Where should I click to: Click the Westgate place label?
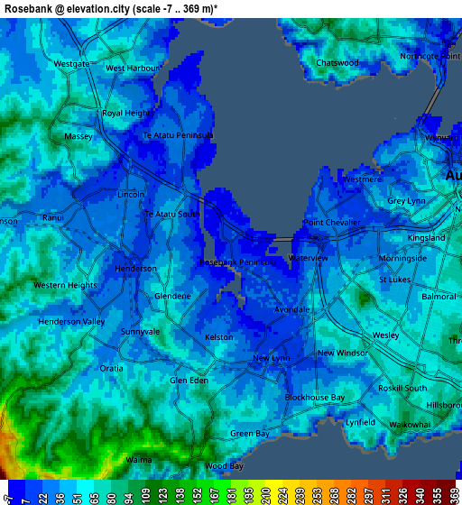click(72, 64)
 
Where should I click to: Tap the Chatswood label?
click(337, 63)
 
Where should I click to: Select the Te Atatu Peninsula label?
click(178, 135)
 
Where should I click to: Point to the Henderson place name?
click(136, 269)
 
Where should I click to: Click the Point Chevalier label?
click(331, 223)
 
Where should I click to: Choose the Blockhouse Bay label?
click(315, 398)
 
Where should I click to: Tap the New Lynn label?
click(271, 358)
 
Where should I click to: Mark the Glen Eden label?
click(189, 381)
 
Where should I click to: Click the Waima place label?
click(139, 460)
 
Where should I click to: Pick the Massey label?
click(79, 136)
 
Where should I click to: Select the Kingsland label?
click(427, 238)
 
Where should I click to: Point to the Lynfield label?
click(359, 422)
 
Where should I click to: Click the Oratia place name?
click(112, 368)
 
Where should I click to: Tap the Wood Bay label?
click(224, 466)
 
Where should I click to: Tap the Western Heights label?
click(65, 285)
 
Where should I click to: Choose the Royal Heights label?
click(126, 114)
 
